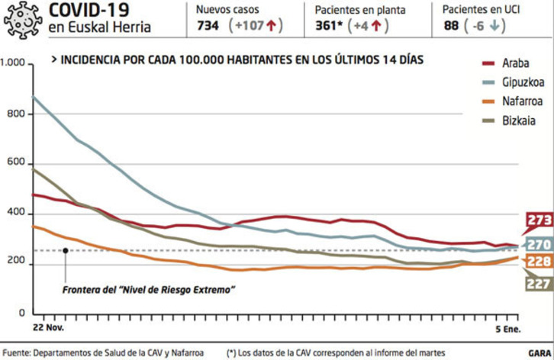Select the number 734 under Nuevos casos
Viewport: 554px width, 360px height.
208,26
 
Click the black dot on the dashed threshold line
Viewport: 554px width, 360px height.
66,250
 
